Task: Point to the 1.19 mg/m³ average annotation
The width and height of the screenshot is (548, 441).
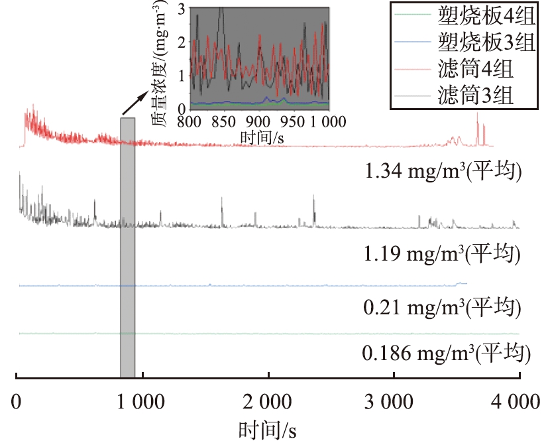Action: [444, 253]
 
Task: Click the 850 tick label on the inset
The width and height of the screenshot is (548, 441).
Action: [223, 122]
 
